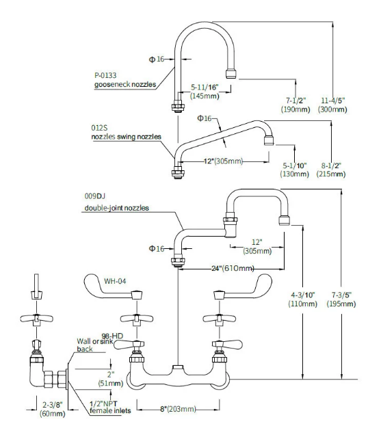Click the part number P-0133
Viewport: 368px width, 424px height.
coord(105,75)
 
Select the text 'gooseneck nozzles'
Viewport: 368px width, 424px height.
coord(125,84)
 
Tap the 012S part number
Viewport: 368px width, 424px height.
coord(99,127)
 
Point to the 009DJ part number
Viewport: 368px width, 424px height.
coord(94,196)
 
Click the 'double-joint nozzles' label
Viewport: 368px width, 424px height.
coord(116,208)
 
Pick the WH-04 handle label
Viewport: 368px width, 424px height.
coord(115,281)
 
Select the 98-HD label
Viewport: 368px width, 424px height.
coord(112,336)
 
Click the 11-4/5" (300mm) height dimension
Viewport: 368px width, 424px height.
coord(332,105)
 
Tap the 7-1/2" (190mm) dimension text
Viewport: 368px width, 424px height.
coord(295,105)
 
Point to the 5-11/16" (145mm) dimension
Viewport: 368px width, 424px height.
coord(205,92)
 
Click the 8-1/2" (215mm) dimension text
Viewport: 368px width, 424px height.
coord(331,170)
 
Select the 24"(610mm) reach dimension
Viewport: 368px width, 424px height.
coord(233,268)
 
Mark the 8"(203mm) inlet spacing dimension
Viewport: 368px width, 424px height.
coord(178,408)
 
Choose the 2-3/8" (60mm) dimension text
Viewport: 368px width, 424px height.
coord(53,409)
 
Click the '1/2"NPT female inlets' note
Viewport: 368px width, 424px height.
coord(110,407)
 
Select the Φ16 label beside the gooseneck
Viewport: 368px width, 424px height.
coord(157,59)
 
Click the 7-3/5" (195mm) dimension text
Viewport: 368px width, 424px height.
coord(341,299)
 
